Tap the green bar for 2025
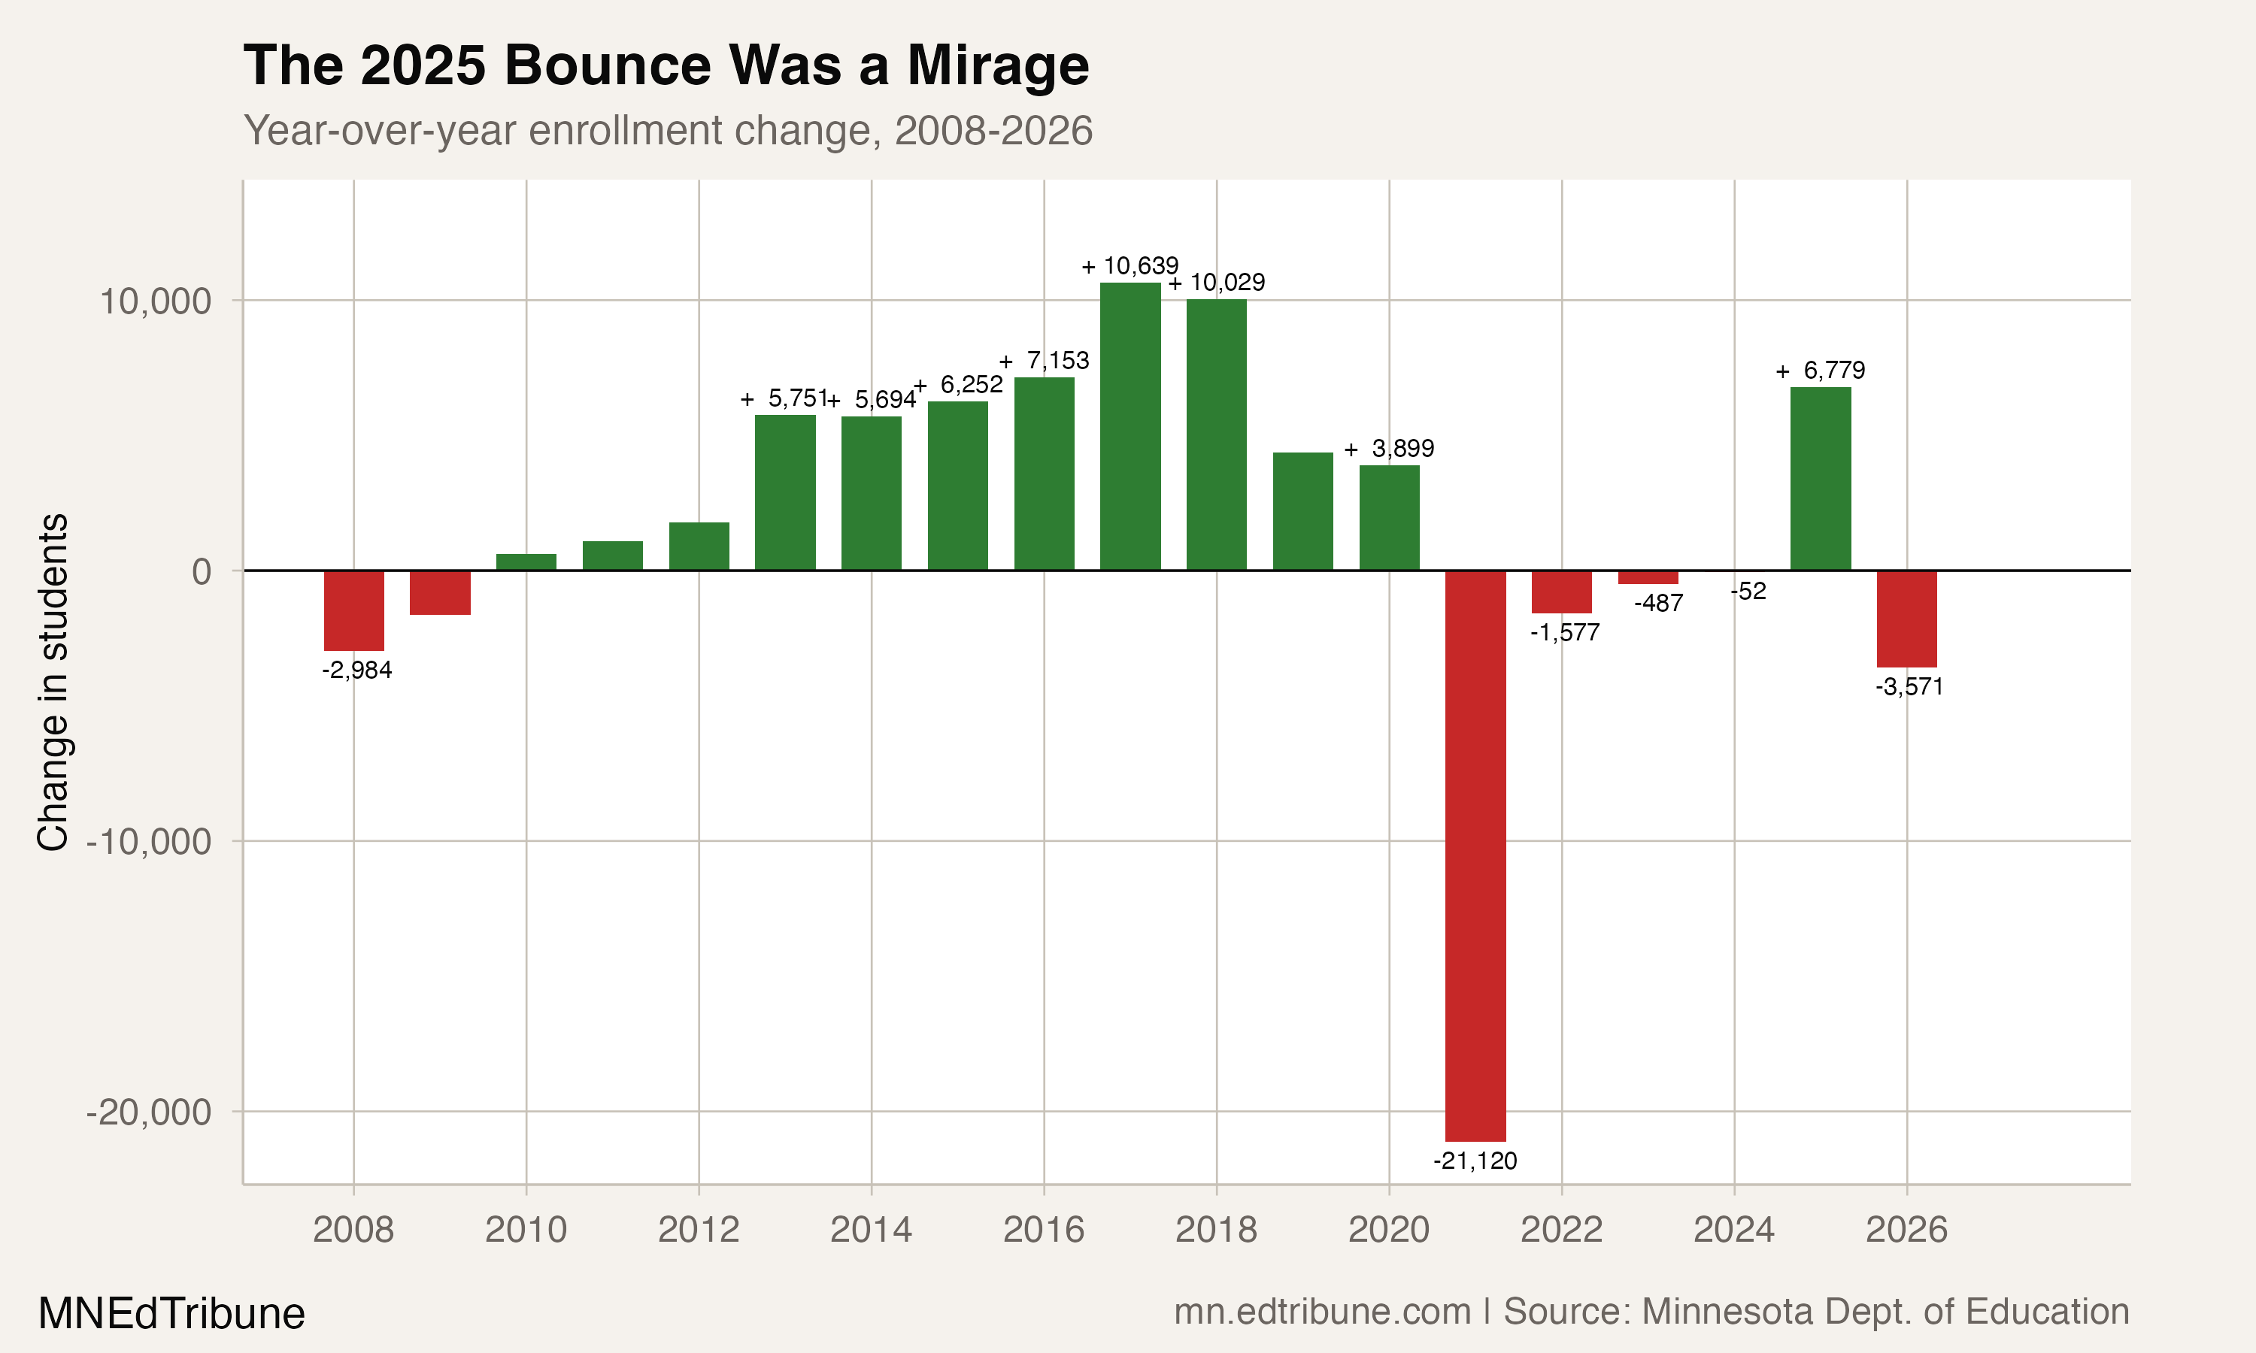[1820, 479]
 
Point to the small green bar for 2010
[526, 561]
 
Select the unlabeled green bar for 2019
[1302, 510]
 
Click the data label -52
[1748, 592]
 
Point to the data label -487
[1658, 603]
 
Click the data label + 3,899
[1389, 449]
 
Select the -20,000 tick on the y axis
[150, 1112]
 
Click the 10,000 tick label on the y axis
[155, 301]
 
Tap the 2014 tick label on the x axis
[871, 1230]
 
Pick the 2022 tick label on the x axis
[1561, 1230]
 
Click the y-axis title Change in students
[53, 682]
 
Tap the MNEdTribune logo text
[171, 1314]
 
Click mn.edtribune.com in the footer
[1321, 1312]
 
